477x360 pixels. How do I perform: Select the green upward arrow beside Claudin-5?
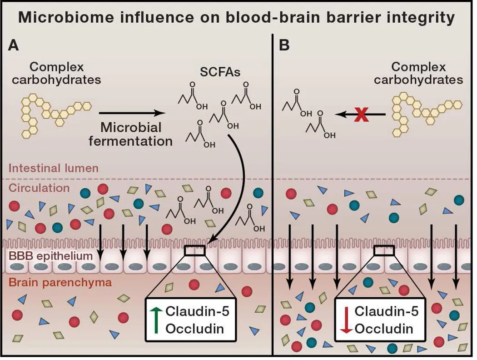coord(156,320)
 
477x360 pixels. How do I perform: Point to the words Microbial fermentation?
coord(131,134)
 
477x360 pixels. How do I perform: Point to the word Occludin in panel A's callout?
coord(194,328)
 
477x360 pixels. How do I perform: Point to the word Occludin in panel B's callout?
coord(384,329)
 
